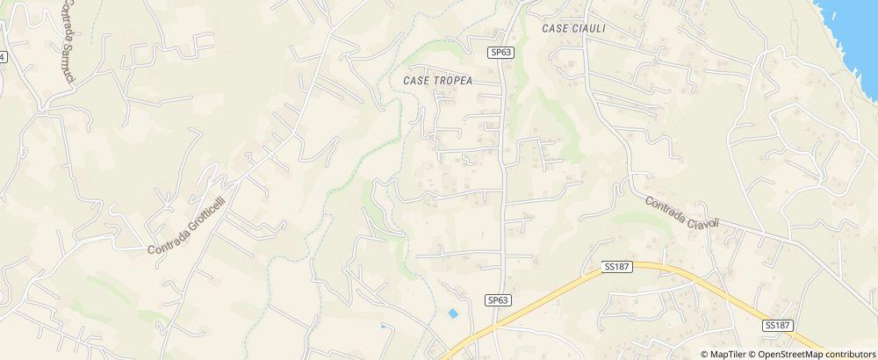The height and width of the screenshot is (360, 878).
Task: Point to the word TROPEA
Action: pos(453,80)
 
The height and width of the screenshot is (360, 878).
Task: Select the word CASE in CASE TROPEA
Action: pos(416,80)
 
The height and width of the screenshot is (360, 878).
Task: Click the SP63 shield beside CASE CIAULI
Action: pos(500,53)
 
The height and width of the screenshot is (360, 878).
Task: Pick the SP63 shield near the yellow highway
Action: pos(498,300)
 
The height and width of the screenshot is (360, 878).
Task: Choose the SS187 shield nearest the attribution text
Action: pos(778,325)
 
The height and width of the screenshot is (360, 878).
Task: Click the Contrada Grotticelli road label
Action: pos(187,217)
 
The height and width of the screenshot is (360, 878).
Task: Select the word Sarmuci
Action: pos(68,62)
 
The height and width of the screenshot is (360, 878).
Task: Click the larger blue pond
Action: pos(453,313)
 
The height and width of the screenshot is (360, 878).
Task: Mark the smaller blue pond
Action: pos(383,327)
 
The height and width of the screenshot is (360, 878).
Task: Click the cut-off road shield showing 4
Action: pos(3,56)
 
